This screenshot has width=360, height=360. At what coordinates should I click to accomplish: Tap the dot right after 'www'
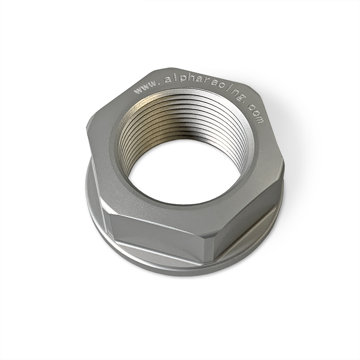click(x=160, y=85)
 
